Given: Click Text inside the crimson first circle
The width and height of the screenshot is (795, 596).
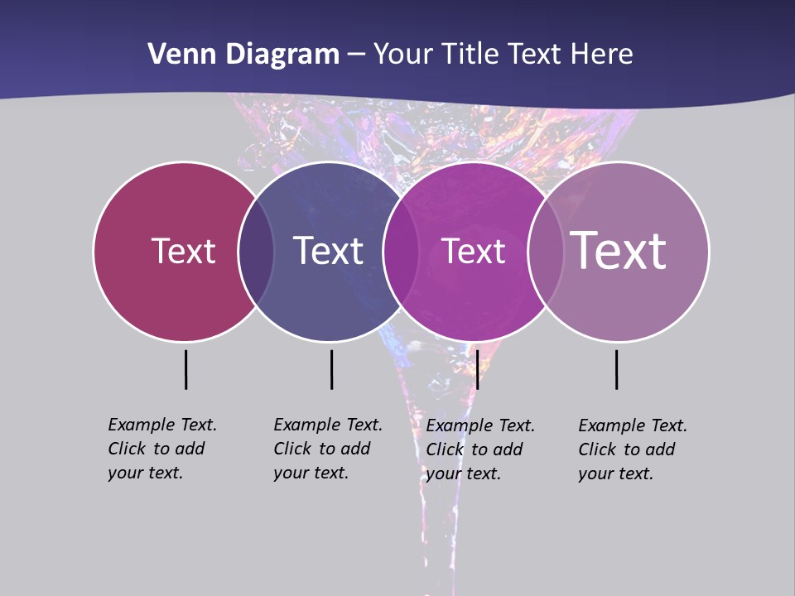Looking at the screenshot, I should click(183, 252).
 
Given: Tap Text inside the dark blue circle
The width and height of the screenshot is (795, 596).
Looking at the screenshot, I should click(329, 252).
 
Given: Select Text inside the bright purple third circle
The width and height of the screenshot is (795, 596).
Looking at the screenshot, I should click(473, 252).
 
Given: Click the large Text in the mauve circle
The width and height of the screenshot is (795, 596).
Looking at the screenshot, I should click(619, 251).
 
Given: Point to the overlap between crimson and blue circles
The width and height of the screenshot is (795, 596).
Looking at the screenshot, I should click(256, 252).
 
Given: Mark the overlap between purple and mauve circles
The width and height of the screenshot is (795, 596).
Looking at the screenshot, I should click(543, 252).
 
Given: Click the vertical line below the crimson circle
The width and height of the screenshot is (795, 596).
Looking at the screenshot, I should click(186, 369).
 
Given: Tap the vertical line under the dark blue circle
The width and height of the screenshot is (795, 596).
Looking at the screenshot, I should click(331, 369).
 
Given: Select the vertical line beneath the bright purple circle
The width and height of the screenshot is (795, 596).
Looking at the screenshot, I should click(477, 369).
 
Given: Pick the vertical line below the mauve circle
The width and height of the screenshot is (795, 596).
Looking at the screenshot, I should click(617, 369).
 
